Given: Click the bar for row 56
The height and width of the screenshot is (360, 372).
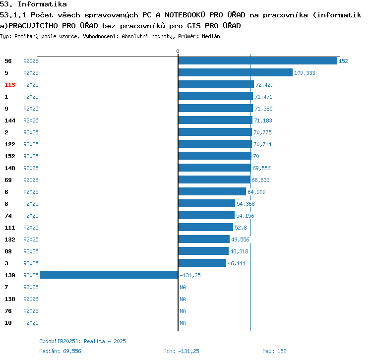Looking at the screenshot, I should tap(257, 61).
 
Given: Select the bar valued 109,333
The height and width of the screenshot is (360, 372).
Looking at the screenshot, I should tap(235, 73).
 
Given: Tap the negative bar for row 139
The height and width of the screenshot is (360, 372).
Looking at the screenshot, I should tap(109, 275).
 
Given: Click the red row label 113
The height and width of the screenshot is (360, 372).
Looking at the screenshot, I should tap(10, 85).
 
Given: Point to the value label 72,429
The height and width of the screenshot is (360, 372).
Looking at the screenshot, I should tap(264, 85).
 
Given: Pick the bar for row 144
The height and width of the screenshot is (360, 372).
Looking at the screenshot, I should tap(215, 120).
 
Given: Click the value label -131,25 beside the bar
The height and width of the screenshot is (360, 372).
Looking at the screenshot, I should tap(190, 275).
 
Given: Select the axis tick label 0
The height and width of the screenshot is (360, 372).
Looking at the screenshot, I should tap(178, 52).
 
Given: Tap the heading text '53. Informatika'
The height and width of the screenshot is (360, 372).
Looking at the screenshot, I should tap(34, 5).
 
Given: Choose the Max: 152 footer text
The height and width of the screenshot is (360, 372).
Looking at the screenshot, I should tap(274, 351).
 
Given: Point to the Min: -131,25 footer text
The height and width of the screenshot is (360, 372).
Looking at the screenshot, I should tap(181, 351).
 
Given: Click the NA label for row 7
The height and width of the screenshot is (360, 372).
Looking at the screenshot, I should tap(183, 287).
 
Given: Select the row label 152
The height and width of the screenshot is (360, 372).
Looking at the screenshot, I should tap(10, 156).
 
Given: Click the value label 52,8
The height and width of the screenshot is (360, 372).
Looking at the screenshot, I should tap(241, 228).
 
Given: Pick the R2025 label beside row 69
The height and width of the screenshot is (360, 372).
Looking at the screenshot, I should tap(31, 180).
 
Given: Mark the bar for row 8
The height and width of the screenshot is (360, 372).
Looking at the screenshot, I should tap(206, 204).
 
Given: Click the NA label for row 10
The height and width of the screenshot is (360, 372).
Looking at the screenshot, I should tap(183, 323).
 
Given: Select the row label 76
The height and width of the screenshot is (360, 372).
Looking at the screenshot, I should tap(8, 311).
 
